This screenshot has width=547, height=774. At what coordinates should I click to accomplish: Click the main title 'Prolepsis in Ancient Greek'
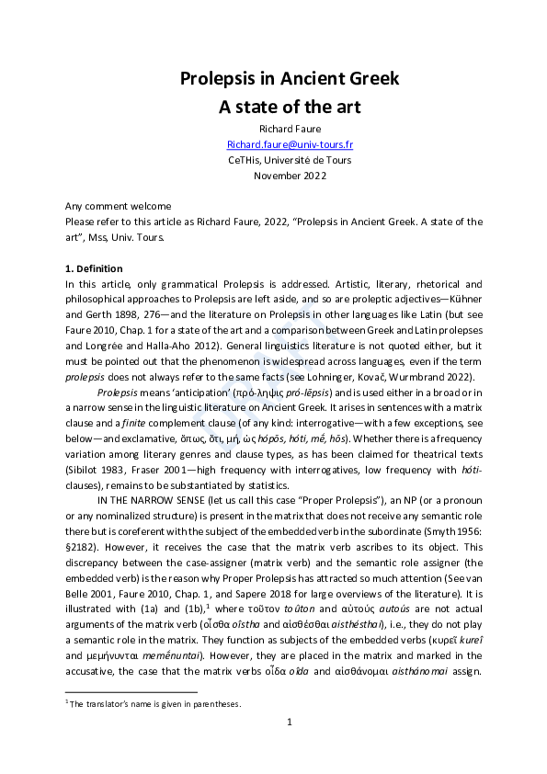point(290,78)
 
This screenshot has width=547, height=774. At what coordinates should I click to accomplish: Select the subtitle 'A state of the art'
point(290,107)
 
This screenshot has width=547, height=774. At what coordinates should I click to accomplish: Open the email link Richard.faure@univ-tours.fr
point(290,145)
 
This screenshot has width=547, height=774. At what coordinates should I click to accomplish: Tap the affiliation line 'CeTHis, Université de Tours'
point(290,160)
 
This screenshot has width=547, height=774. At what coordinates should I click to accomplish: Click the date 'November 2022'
point(290,176)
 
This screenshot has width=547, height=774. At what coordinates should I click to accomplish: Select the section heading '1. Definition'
point(94,268)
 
